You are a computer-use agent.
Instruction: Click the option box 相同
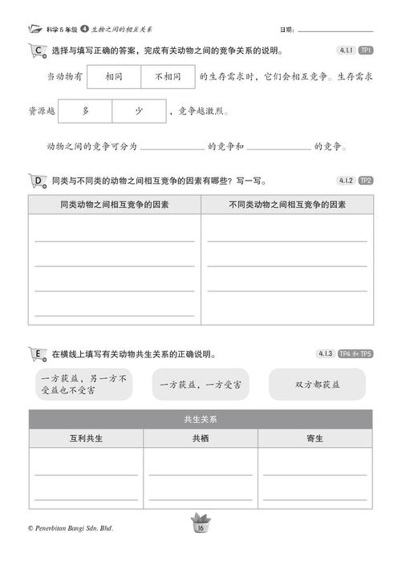[113, 77]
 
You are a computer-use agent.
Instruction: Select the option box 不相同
[167, 77]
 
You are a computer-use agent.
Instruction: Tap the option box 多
[85, 112]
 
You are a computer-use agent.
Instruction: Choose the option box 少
[139, 112]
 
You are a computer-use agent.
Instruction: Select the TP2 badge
[365, 181]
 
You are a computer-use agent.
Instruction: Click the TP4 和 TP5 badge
[355, 353]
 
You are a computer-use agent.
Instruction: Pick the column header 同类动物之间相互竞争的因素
[115, 205]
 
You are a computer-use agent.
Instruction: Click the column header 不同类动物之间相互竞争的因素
[287, 205]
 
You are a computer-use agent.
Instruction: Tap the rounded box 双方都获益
[317, 385]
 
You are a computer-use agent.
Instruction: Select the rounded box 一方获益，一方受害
[200, 385]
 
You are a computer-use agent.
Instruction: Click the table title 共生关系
[201, 419]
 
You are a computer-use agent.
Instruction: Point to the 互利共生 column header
[87, 438]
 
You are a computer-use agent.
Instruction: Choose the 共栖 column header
[201, 438]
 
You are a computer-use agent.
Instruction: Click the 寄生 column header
[315, 438]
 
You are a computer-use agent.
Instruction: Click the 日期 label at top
[286, 30]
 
